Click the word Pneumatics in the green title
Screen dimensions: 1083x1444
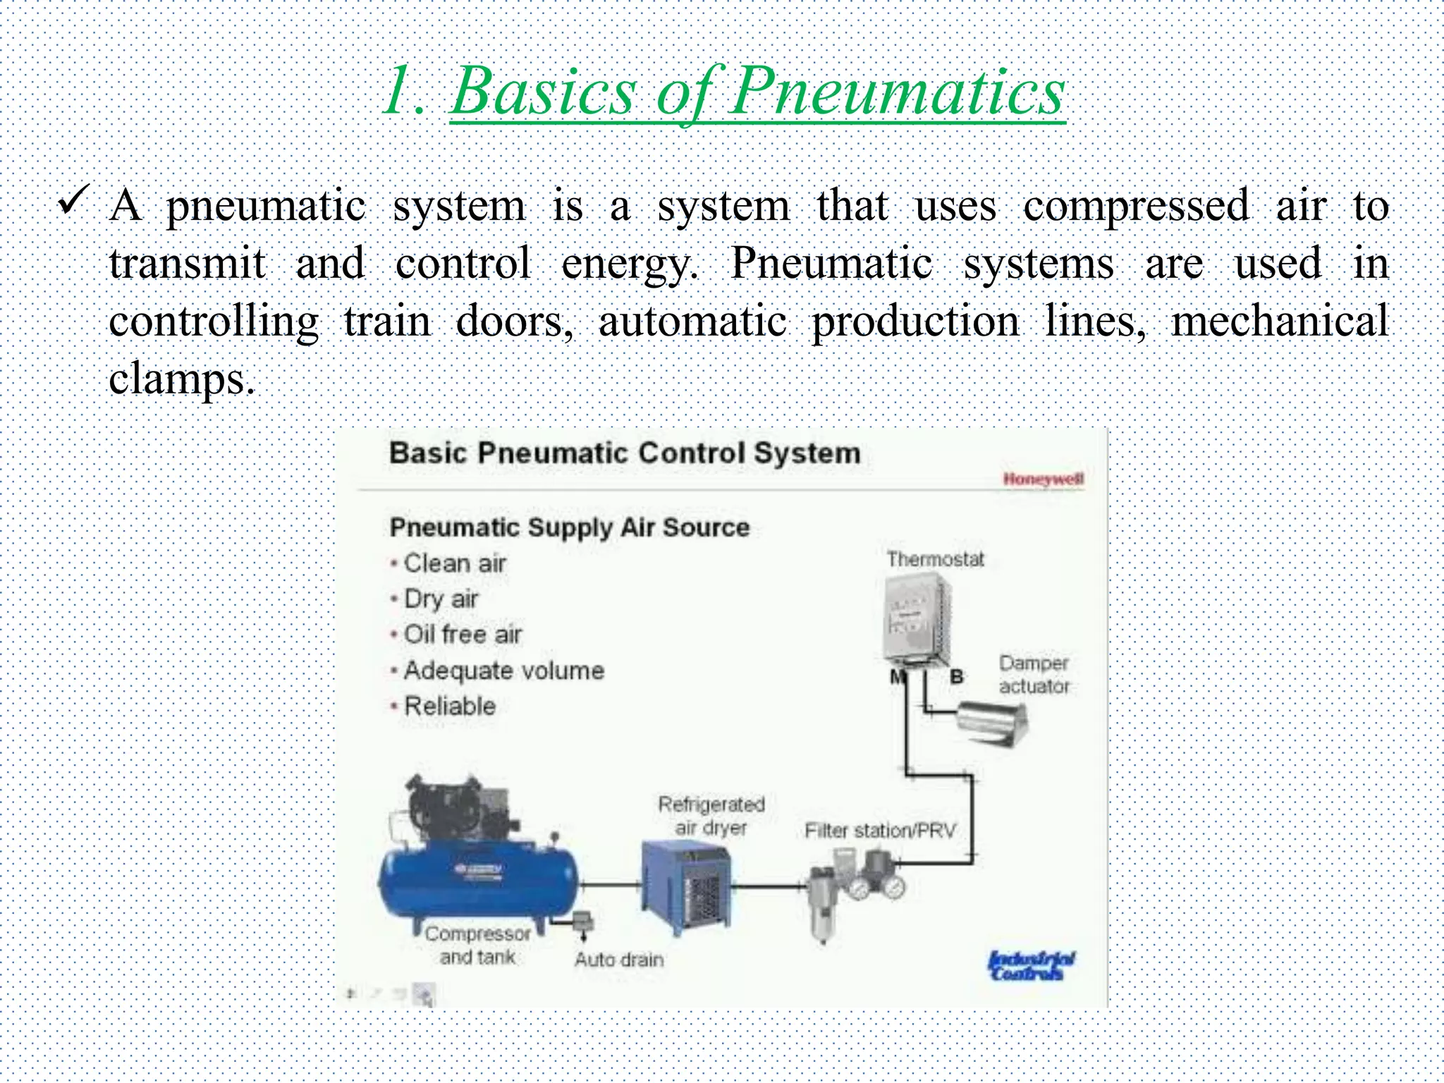(897, 92)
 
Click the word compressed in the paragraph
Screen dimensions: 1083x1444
(1135, 207)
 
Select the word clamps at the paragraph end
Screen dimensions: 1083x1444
(180, 379)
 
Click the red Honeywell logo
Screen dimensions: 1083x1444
(1043, 479)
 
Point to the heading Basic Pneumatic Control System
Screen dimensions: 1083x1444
(625, 453)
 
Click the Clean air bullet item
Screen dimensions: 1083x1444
(454, 563)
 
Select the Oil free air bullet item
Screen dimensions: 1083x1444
(462, 635)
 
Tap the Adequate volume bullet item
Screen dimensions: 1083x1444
(503, 671)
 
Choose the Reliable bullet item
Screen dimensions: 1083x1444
(449, 706)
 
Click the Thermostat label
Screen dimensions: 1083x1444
(935, 559)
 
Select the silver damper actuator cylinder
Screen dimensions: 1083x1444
(991, 722)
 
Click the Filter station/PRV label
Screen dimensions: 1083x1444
(880, 831)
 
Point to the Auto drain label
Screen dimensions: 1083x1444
(619, 960)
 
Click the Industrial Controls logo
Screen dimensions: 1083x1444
(1031, 965)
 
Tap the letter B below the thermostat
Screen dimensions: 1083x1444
(957, 677)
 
